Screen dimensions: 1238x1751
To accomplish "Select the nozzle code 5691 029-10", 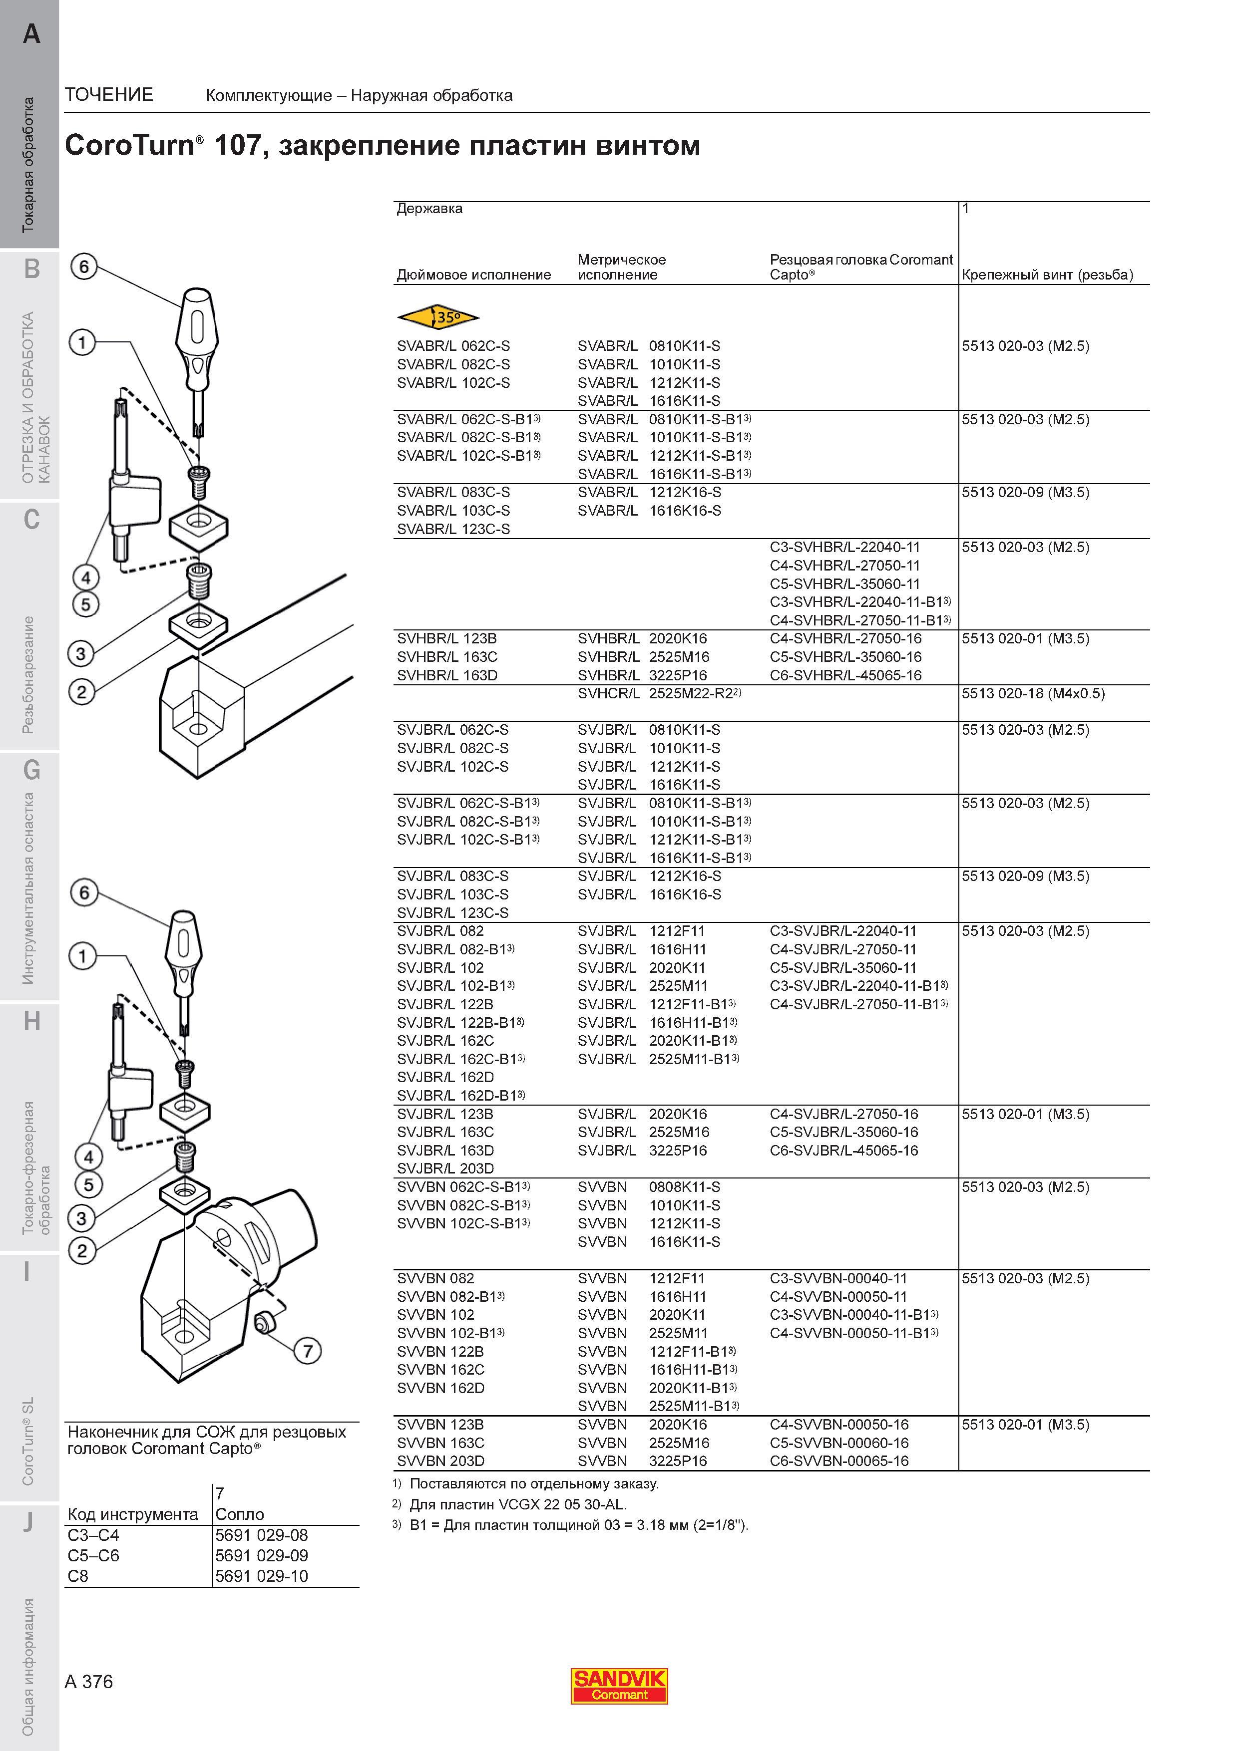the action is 262,1576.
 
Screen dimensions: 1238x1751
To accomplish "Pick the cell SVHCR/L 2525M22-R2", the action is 660,693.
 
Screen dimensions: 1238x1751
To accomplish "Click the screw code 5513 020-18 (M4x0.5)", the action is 1033,693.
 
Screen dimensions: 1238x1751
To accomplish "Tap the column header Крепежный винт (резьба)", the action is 1047,275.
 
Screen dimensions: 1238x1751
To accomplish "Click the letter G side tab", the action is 31,770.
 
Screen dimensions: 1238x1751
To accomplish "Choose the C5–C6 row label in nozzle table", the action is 93,1556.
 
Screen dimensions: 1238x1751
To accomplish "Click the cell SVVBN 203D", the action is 440,1461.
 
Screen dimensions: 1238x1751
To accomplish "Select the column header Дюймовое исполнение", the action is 474,275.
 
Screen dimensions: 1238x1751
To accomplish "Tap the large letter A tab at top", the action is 31,33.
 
